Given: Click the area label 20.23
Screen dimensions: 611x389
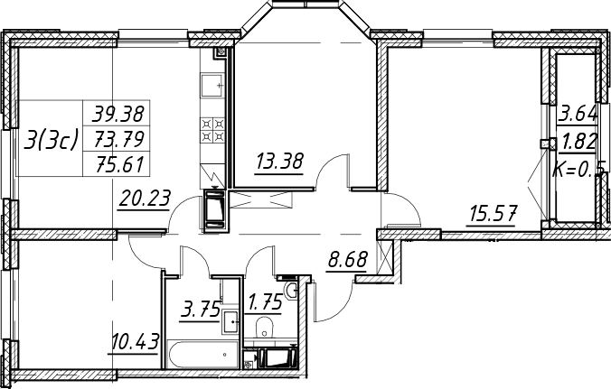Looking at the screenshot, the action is point(145,199).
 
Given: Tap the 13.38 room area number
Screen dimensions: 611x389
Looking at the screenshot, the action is point(279,161).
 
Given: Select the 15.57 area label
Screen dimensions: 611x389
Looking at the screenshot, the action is point(493,213).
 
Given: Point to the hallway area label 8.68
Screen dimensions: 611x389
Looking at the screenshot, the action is point(348,260).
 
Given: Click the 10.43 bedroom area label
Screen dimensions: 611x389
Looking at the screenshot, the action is point(135,342).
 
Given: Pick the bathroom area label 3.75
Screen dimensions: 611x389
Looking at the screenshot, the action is point(200,311).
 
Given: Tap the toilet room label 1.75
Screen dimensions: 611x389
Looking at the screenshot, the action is point(265,302).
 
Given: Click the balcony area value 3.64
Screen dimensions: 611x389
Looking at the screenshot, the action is point(578,115).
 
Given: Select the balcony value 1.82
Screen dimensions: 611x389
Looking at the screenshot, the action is point(578,142).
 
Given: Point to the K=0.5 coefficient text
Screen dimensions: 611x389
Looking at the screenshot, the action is point(579,169).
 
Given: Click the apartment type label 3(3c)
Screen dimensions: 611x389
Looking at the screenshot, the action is point(51,140).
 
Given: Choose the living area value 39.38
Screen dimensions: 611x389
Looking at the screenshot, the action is point(118,114).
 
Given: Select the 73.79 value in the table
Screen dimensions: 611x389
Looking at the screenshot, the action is point(118,140).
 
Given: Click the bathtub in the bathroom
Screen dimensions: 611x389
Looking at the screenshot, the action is point(202,355).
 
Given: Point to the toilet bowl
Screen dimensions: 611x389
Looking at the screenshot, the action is point(265,328).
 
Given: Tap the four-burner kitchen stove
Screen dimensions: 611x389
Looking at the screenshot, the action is point(212,130).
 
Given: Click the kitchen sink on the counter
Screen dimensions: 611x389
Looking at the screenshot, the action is point(212,86).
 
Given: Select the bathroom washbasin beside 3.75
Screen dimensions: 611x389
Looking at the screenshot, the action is point(231,321).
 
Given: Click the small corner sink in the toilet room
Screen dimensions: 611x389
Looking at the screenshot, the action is point(291,291).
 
